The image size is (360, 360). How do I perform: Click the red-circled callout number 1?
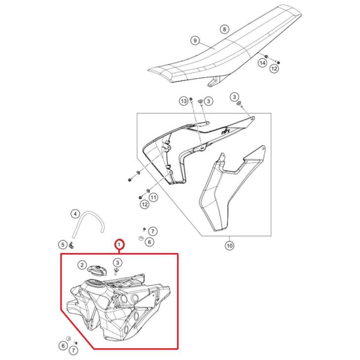coord(119,244)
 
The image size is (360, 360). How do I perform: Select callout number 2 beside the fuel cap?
coord(82,266)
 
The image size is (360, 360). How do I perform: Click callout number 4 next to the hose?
coord(75,214)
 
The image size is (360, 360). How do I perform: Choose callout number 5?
coord(63,244)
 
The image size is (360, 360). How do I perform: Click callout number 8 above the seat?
coord(224,30)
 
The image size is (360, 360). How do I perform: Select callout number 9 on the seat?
coord(195,40)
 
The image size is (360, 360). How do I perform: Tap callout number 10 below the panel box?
coord(229,245)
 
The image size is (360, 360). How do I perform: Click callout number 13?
coord(184,101)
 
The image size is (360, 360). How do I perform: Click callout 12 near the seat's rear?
coord(274,69)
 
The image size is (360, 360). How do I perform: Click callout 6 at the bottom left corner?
coord(63,346)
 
